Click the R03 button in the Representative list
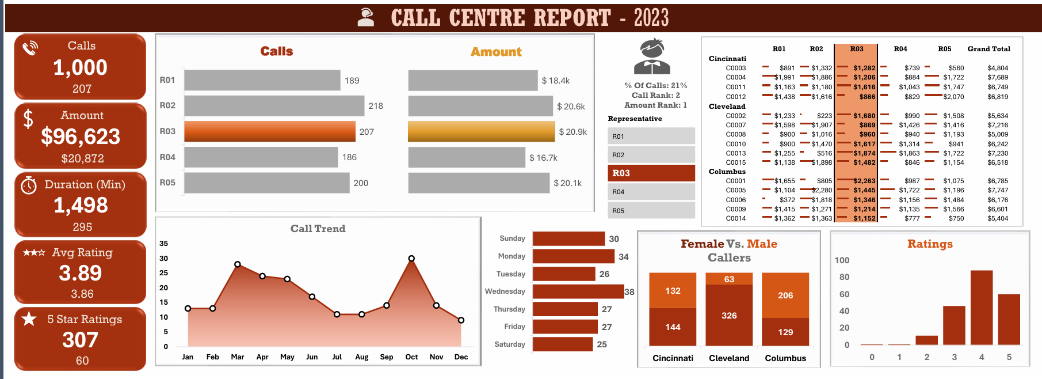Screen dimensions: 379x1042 point(651,173)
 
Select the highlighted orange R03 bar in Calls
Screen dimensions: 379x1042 point(269,131)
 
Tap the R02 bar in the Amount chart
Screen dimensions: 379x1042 point(480,106)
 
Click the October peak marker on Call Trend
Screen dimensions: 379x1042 point(411,259)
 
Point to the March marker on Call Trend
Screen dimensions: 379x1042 point(238,264)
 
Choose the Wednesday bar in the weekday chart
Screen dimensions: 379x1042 point(578,291)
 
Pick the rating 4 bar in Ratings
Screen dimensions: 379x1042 point(982,308)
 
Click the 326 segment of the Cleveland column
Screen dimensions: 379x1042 point(729,315)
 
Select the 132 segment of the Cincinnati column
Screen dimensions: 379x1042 point(673,290)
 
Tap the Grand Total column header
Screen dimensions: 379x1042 point(988,49)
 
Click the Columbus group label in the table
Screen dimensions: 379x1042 point(727,172)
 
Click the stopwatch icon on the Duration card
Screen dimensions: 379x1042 point(29,185)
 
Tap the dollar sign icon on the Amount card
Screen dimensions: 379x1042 point(28,119)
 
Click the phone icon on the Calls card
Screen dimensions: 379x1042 point(30,48)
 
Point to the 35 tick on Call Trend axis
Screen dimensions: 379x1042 point(164,244)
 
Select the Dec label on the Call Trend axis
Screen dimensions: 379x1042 point(461,357)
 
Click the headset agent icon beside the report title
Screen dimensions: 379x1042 point(365,17)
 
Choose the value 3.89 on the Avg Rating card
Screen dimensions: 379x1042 point(81,273)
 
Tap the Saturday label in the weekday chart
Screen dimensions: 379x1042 point(510,344)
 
